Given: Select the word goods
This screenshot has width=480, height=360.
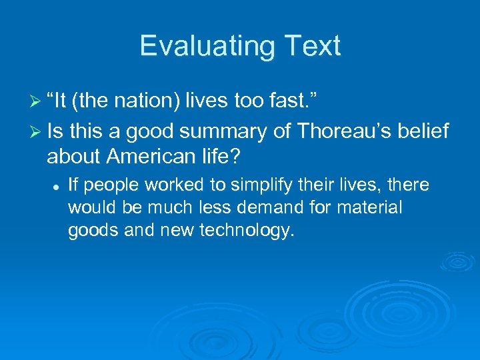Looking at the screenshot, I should (x=89, y=231).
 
